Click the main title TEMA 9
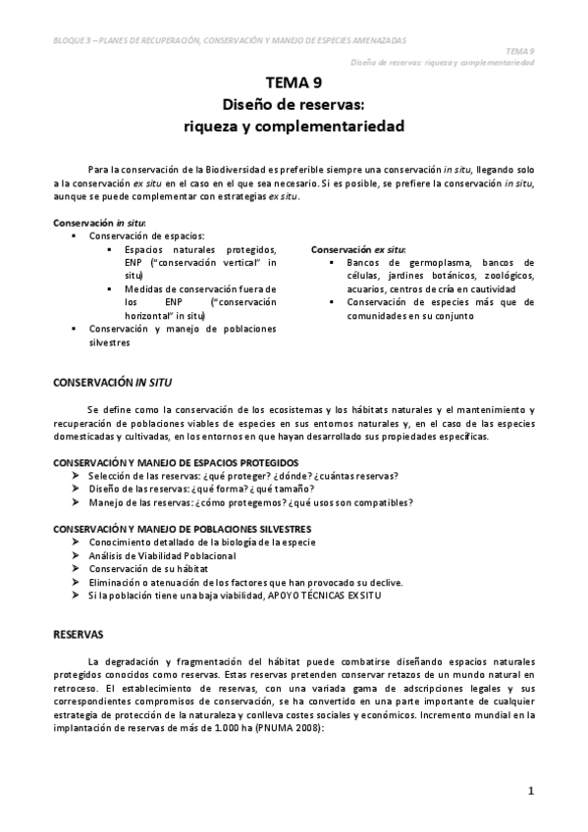coord(294,84)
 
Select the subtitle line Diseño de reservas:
coord(294,105)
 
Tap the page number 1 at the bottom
coord(530,790)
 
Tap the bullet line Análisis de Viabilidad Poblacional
coord(154,555)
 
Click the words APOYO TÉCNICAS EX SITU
coord(323,595)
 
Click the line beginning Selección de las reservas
coord(242,475)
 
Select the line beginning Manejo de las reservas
coord(250,502)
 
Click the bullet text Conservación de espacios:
coord(146,236)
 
